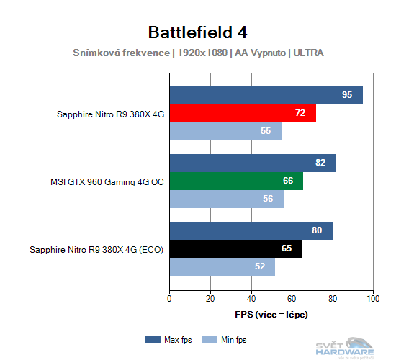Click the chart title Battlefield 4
click(x=198, y=32)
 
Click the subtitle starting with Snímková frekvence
click(x=198, y=53)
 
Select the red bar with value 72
click(x=243, y=114)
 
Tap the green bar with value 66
click(x=236, y=181)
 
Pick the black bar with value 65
click(x=235, y=249)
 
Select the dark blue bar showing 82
click(x=253, y=163)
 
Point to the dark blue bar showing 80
click(x=251, y=231)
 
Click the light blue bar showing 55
click(x=225, y=132)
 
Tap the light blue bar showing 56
click(x=226, y=199)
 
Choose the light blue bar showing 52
click(x=222, y=267)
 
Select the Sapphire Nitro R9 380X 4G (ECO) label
click(x=96, y=250)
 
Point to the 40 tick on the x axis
click(x=251, y=298)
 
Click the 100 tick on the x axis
click(x=373, y=298)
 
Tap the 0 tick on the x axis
click(x=169, y=298)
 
